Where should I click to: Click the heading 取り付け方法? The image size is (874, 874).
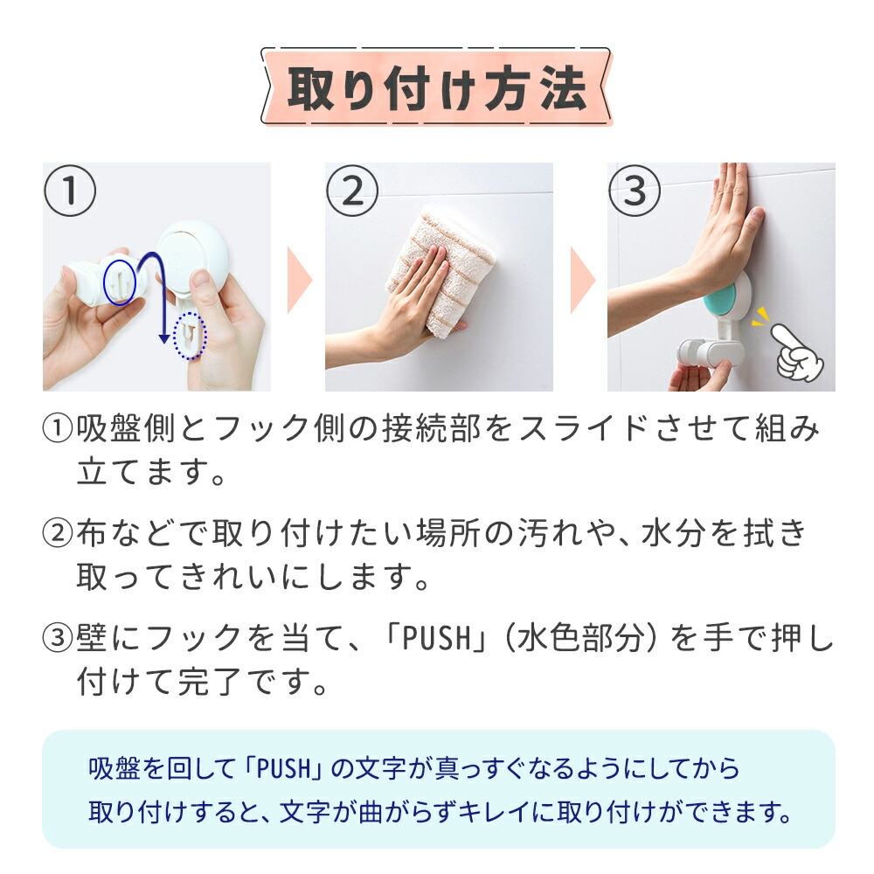[437, 88]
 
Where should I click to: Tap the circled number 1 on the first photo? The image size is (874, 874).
[70, 191]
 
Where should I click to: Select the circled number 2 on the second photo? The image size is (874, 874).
[351, 191]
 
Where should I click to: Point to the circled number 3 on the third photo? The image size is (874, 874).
[635, 191]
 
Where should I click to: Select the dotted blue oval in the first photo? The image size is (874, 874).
[190, 336]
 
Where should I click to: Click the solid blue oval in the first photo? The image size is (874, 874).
[119, 281]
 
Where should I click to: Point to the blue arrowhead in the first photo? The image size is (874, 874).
[164, 337]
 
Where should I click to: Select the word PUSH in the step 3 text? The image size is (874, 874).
[436, 638]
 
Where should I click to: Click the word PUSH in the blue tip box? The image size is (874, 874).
[283, 768]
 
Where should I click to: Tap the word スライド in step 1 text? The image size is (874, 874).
[582, 429]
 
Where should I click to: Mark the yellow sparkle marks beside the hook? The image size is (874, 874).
[760, 317]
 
